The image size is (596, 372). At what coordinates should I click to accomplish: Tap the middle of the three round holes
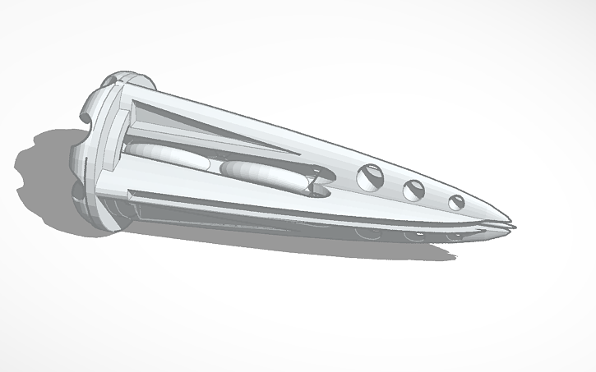pyautogui.click(x=414, y=190)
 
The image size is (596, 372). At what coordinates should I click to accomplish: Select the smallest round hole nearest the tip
pyautogui.click(x=456, y=202)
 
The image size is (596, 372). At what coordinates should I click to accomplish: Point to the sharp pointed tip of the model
pyautogui.click(x=511, y=224)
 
